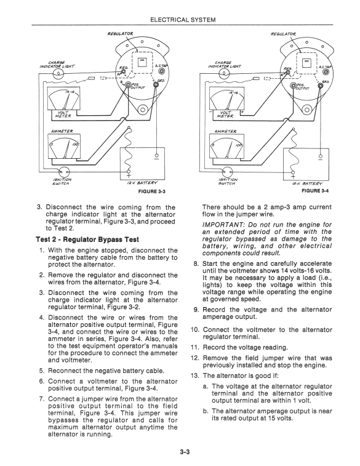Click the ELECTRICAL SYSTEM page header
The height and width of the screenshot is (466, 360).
click(183, 20)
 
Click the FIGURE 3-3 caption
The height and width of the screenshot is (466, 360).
click(151, 191)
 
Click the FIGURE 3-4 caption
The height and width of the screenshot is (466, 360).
click(315, 191)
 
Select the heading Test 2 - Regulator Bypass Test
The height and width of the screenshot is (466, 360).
click(87, 239)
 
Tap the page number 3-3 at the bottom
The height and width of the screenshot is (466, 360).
click(185, 452)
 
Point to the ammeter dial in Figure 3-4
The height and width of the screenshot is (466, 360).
click(226, 146)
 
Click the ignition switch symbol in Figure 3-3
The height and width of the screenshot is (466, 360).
click(63, 172)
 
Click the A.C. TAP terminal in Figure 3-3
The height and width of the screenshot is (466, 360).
click(162, 71)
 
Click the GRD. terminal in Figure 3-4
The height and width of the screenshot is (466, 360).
click(321, 86)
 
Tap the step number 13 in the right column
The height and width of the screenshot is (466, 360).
click(195, 376)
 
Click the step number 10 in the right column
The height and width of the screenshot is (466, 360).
click(195, 330)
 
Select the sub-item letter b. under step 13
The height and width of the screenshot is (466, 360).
click(206, 411)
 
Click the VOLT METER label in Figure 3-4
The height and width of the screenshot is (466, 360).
click(227, 114)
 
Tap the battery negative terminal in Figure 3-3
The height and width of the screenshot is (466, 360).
click(157, 156)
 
